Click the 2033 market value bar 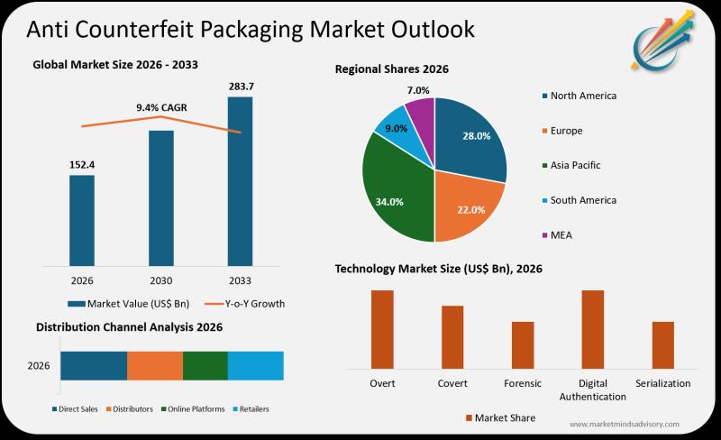pyautogui.click(x=240, y=180)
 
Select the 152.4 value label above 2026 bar pyautogui.click(x=82, y=165)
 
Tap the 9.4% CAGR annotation pyautogui.click(x=161, y=107)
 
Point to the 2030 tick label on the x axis pyautogui.click(x=160, y=281)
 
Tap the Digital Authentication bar pyautogui.click(x=592, y=328)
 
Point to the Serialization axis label pyautogui.click(x=662, y=383)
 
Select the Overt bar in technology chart pyautogui.click(x=382, y=328)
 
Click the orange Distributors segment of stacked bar pyautogui.click(x=155, y=365)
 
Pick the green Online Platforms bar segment pyautogui.click(x=205, y=365)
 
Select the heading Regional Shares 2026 pyautogui.click(x=391, y=69)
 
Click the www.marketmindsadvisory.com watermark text pyautogui.click(x=625, y=424)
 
